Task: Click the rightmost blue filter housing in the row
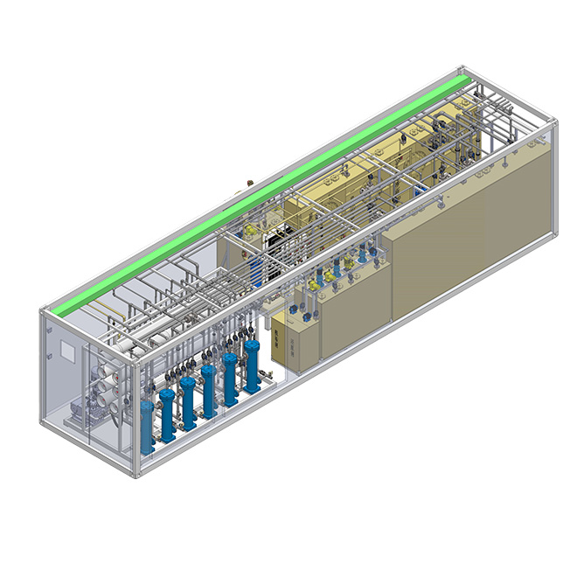(252, 365)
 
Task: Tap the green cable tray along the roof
(262, 192)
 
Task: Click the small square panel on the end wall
(66, 351)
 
